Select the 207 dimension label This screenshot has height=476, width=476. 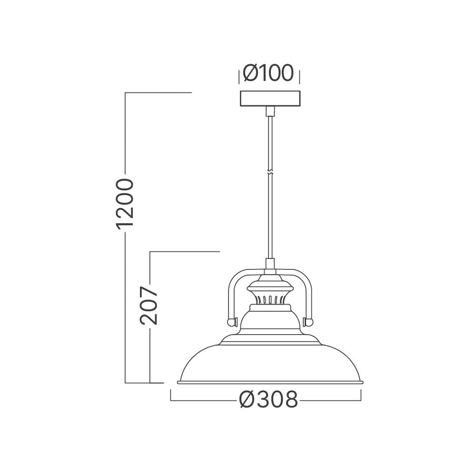click(149, 305)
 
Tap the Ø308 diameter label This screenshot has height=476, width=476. click(269, 400)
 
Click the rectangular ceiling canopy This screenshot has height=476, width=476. click(270, 99)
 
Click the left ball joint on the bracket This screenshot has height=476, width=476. click(232, 321)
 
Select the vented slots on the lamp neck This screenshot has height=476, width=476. click(270, 299)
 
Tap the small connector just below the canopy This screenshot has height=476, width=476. click(270, 111)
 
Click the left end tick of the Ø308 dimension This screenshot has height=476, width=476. click(171, 396)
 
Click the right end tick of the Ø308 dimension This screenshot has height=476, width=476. click(361, 396)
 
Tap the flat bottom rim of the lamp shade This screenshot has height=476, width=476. click(270, 382)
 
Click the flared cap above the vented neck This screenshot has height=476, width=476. click(270, 286)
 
